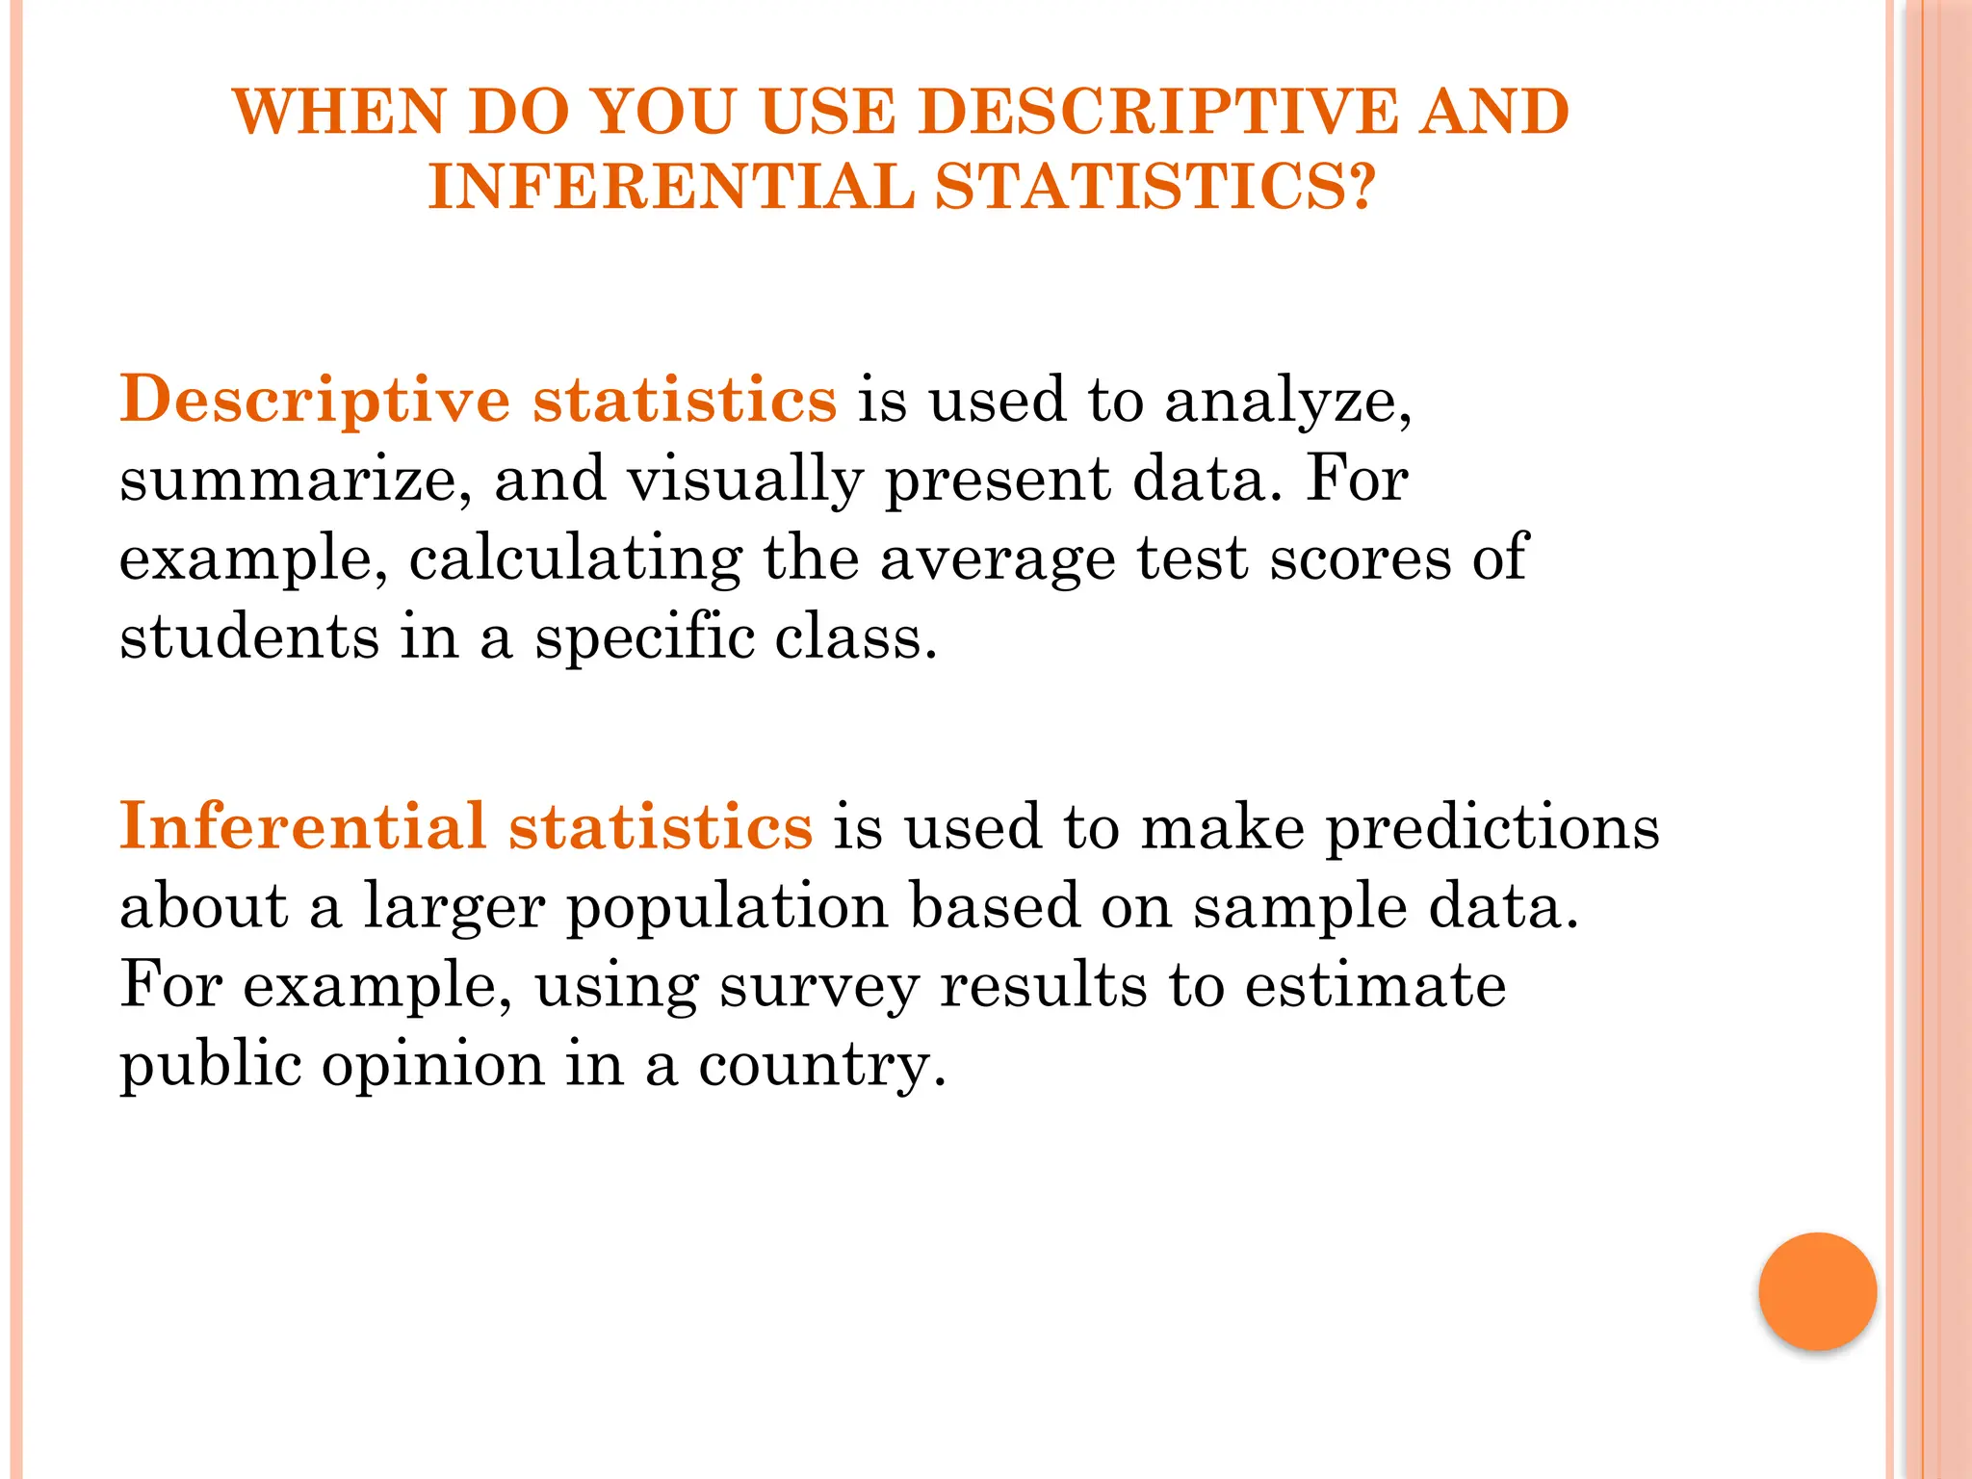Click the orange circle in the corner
coord(1817,1291)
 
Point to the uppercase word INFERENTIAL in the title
coord(671,186)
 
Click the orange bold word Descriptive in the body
coord(315,401)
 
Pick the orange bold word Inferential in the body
coord(302,827)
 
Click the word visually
coord(745,480)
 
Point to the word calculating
coord(576,559)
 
